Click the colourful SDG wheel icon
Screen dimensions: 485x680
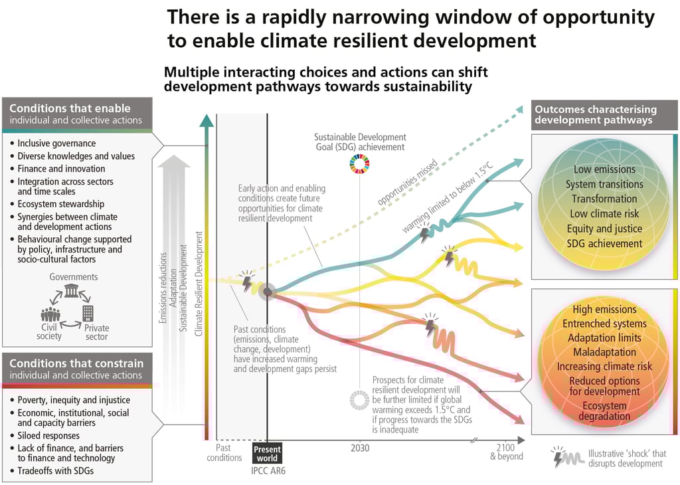(359, 163)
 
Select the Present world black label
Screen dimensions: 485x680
(267, 452)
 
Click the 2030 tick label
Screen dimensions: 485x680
(360, 448)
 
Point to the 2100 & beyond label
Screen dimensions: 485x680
(507, 452)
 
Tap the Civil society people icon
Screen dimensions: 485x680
(50, 314)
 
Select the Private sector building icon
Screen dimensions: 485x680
(88, 313)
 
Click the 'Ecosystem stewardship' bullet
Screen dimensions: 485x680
(61, 204)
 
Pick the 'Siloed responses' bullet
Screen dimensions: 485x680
(48, 436)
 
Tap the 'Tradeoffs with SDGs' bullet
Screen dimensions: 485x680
(56, 471)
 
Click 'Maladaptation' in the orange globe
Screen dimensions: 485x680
(604, 352)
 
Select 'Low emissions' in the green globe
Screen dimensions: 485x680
(604, 169)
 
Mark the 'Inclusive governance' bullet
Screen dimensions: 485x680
(56, 144)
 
